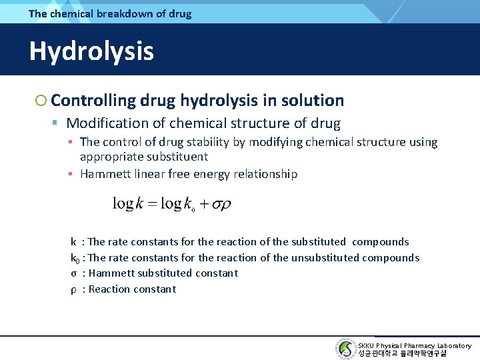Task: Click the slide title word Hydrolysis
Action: pyautogui.click(x=91, y=51)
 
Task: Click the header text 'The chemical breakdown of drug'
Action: pyautogui.click(x=110, y=13)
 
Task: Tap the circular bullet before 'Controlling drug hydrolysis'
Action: pyautogui.click(x=41, y=101)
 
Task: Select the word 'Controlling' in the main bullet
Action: pyautogui.click(x=93, y=101)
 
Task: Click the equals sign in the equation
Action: pyautogui.click(x=156, y=204)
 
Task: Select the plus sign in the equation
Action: pyautogui.click(x=204, y=204)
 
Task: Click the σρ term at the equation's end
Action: pyautogui.click(x=221, y=204)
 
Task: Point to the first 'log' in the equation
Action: pyautogui.click(x=123, y=204)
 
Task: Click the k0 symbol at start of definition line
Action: pyautogui.click(x=75, y=258)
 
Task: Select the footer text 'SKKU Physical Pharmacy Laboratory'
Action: pyautogui.click(x=415, y=345)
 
